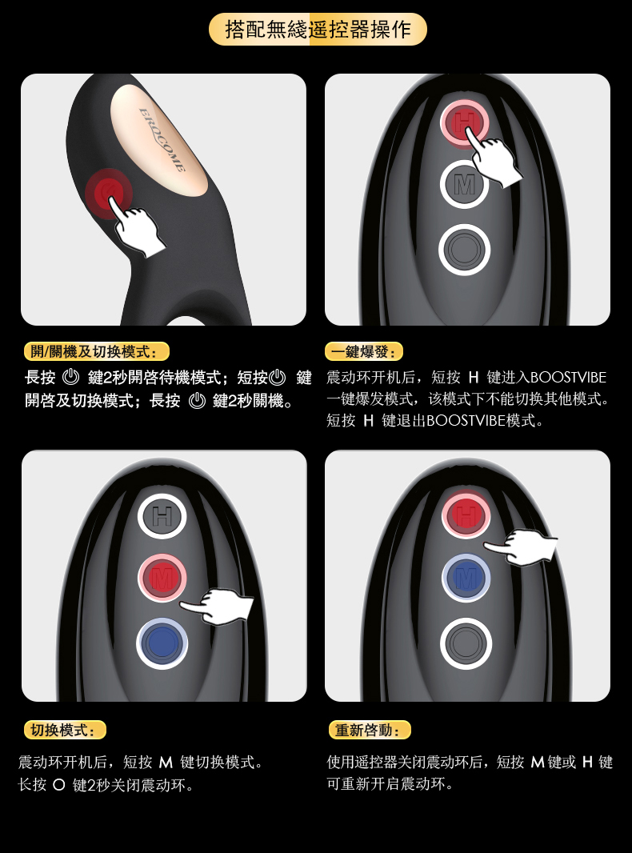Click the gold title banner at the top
pos(318,29)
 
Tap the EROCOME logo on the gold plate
pos(162,139)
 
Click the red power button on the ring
pos(109,193)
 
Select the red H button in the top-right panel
pos(464,122)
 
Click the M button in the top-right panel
pos(464,185)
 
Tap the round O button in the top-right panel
pos(465,250)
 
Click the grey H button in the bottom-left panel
pos(162,515)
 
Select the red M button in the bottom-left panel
pos(162,579)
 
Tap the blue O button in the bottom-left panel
pos(162,643)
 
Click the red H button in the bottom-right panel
pos(466,515)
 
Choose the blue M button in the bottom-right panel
pos(466,578)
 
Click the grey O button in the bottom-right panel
pos(466,643)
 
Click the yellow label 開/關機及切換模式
pos(97,351)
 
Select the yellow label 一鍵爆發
pos(364,351)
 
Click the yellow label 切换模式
pos(65,730)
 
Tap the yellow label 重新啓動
pos(370,730)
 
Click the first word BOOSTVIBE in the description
pos(568,378)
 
